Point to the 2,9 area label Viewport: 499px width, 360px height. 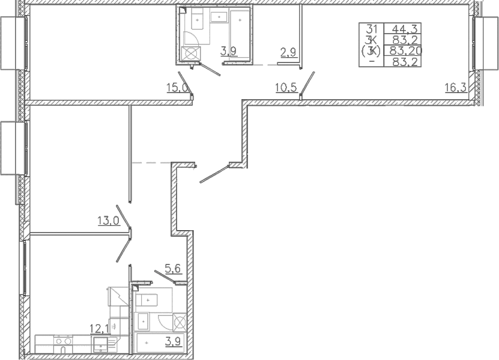pyautogui.click(x=289, y=52)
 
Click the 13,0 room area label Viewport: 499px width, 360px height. pyautogui.click(x=109, y=221)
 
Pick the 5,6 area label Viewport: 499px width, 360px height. pyautogui.click(x=173, y=269)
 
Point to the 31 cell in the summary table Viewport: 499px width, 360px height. pyautogui.click(x=371, y=29)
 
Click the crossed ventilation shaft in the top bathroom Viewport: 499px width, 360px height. pyautogui.click(x=190, y=53)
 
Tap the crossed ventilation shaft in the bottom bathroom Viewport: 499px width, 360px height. pyautogui.click(x=179, y=322)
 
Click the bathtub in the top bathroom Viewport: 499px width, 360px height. pyautogui.click(x=240, y=34)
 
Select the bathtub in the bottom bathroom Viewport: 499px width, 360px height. pyautogui.click(x=160, y=343)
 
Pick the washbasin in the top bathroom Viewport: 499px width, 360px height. pyautogui.click(x=219, y=16)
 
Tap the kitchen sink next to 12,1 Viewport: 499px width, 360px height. pyautogui.click(x=101, y=344)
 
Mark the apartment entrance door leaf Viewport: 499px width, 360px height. pyautogui.click(x=214, y=174)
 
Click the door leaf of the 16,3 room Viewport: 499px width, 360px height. pyautogui.click(x=307, y=83)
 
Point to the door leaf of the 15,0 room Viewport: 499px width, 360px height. pyautogui.click(x=185, y=84)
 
